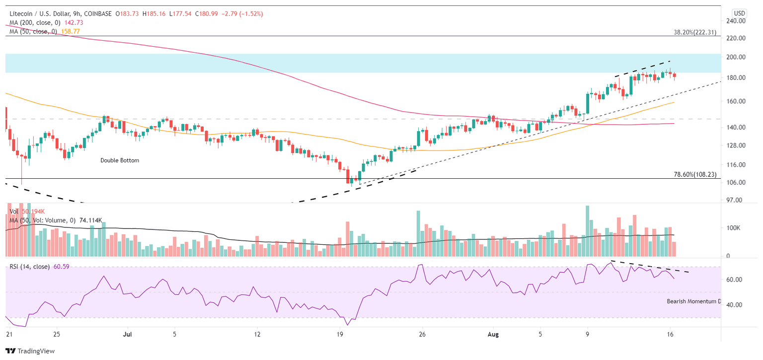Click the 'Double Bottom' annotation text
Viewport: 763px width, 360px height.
coord(120,160)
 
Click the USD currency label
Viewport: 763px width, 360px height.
coord(740,13)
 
